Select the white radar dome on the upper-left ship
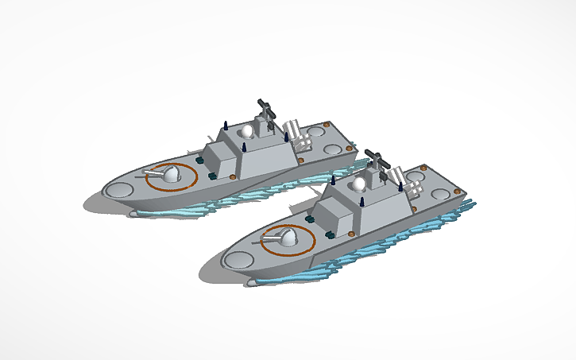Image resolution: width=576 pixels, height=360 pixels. (x=249, y=131)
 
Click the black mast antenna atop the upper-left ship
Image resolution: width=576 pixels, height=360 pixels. (x=265, y=112)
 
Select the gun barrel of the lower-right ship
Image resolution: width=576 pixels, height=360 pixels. (x=265, y=236)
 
